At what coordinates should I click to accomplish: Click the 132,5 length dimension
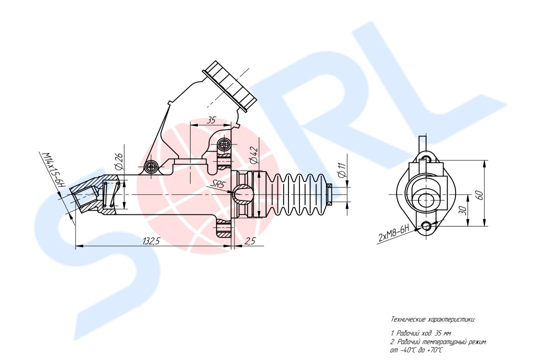pos(151,241)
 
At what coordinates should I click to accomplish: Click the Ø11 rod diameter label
pos(341,170)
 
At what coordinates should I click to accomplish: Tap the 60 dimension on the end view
pos(481,194)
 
